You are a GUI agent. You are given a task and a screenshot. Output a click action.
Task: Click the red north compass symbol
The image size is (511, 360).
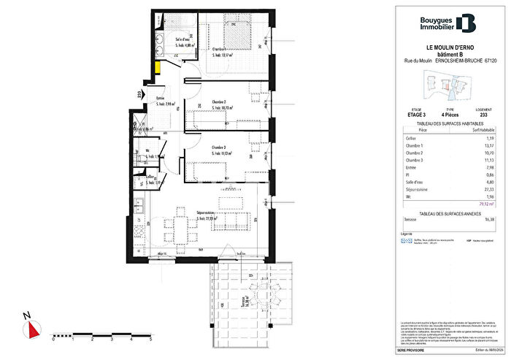31,330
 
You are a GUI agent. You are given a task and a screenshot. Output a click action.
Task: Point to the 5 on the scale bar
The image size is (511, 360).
150,340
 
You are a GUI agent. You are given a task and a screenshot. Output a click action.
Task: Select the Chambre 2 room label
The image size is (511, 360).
219,102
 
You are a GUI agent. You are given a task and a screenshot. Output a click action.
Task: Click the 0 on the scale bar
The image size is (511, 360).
53,340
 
